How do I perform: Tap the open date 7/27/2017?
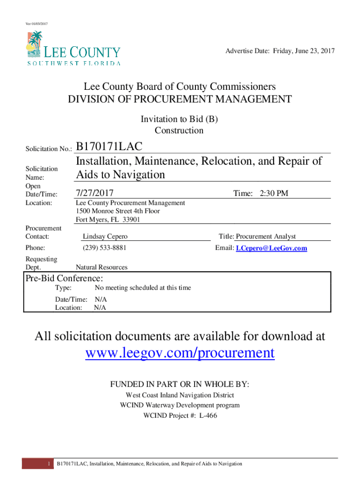(94, 193)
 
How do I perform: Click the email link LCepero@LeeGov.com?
(271, 248)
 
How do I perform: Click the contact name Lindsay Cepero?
(105, 237)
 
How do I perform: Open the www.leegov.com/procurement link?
(180, 353)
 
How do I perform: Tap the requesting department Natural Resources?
(101, 267)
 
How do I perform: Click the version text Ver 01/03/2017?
(36, 23)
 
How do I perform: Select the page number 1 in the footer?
(49, 464)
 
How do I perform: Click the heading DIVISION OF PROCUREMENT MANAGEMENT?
(180, 99)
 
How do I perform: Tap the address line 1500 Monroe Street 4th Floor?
(117, 211)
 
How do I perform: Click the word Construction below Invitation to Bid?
(179, 131)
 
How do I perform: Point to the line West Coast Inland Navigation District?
(180, 395)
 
